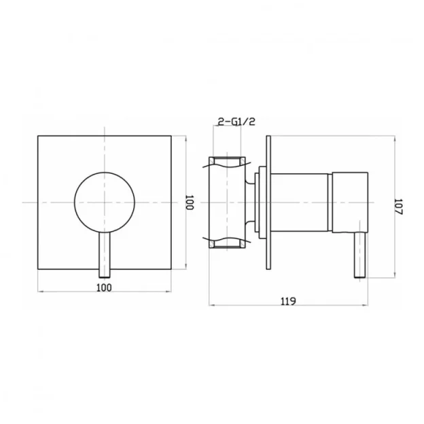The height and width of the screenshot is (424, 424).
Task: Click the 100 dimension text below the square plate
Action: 103,287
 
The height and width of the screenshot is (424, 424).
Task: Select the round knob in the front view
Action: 104,202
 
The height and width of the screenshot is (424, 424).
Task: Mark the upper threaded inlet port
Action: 227,162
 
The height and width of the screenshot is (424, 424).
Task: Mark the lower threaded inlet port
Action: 227,243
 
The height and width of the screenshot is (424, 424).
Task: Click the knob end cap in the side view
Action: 349,202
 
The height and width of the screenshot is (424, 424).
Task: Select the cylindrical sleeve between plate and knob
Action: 300,202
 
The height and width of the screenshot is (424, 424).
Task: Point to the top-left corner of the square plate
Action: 37,136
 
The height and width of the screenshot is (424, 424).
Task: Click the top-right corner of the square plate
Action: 171,136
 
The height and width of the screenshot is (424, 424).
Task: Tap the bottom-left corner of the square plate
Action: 37,269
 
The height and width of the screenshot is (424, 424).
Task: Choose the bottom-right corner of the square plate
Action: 171,269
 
